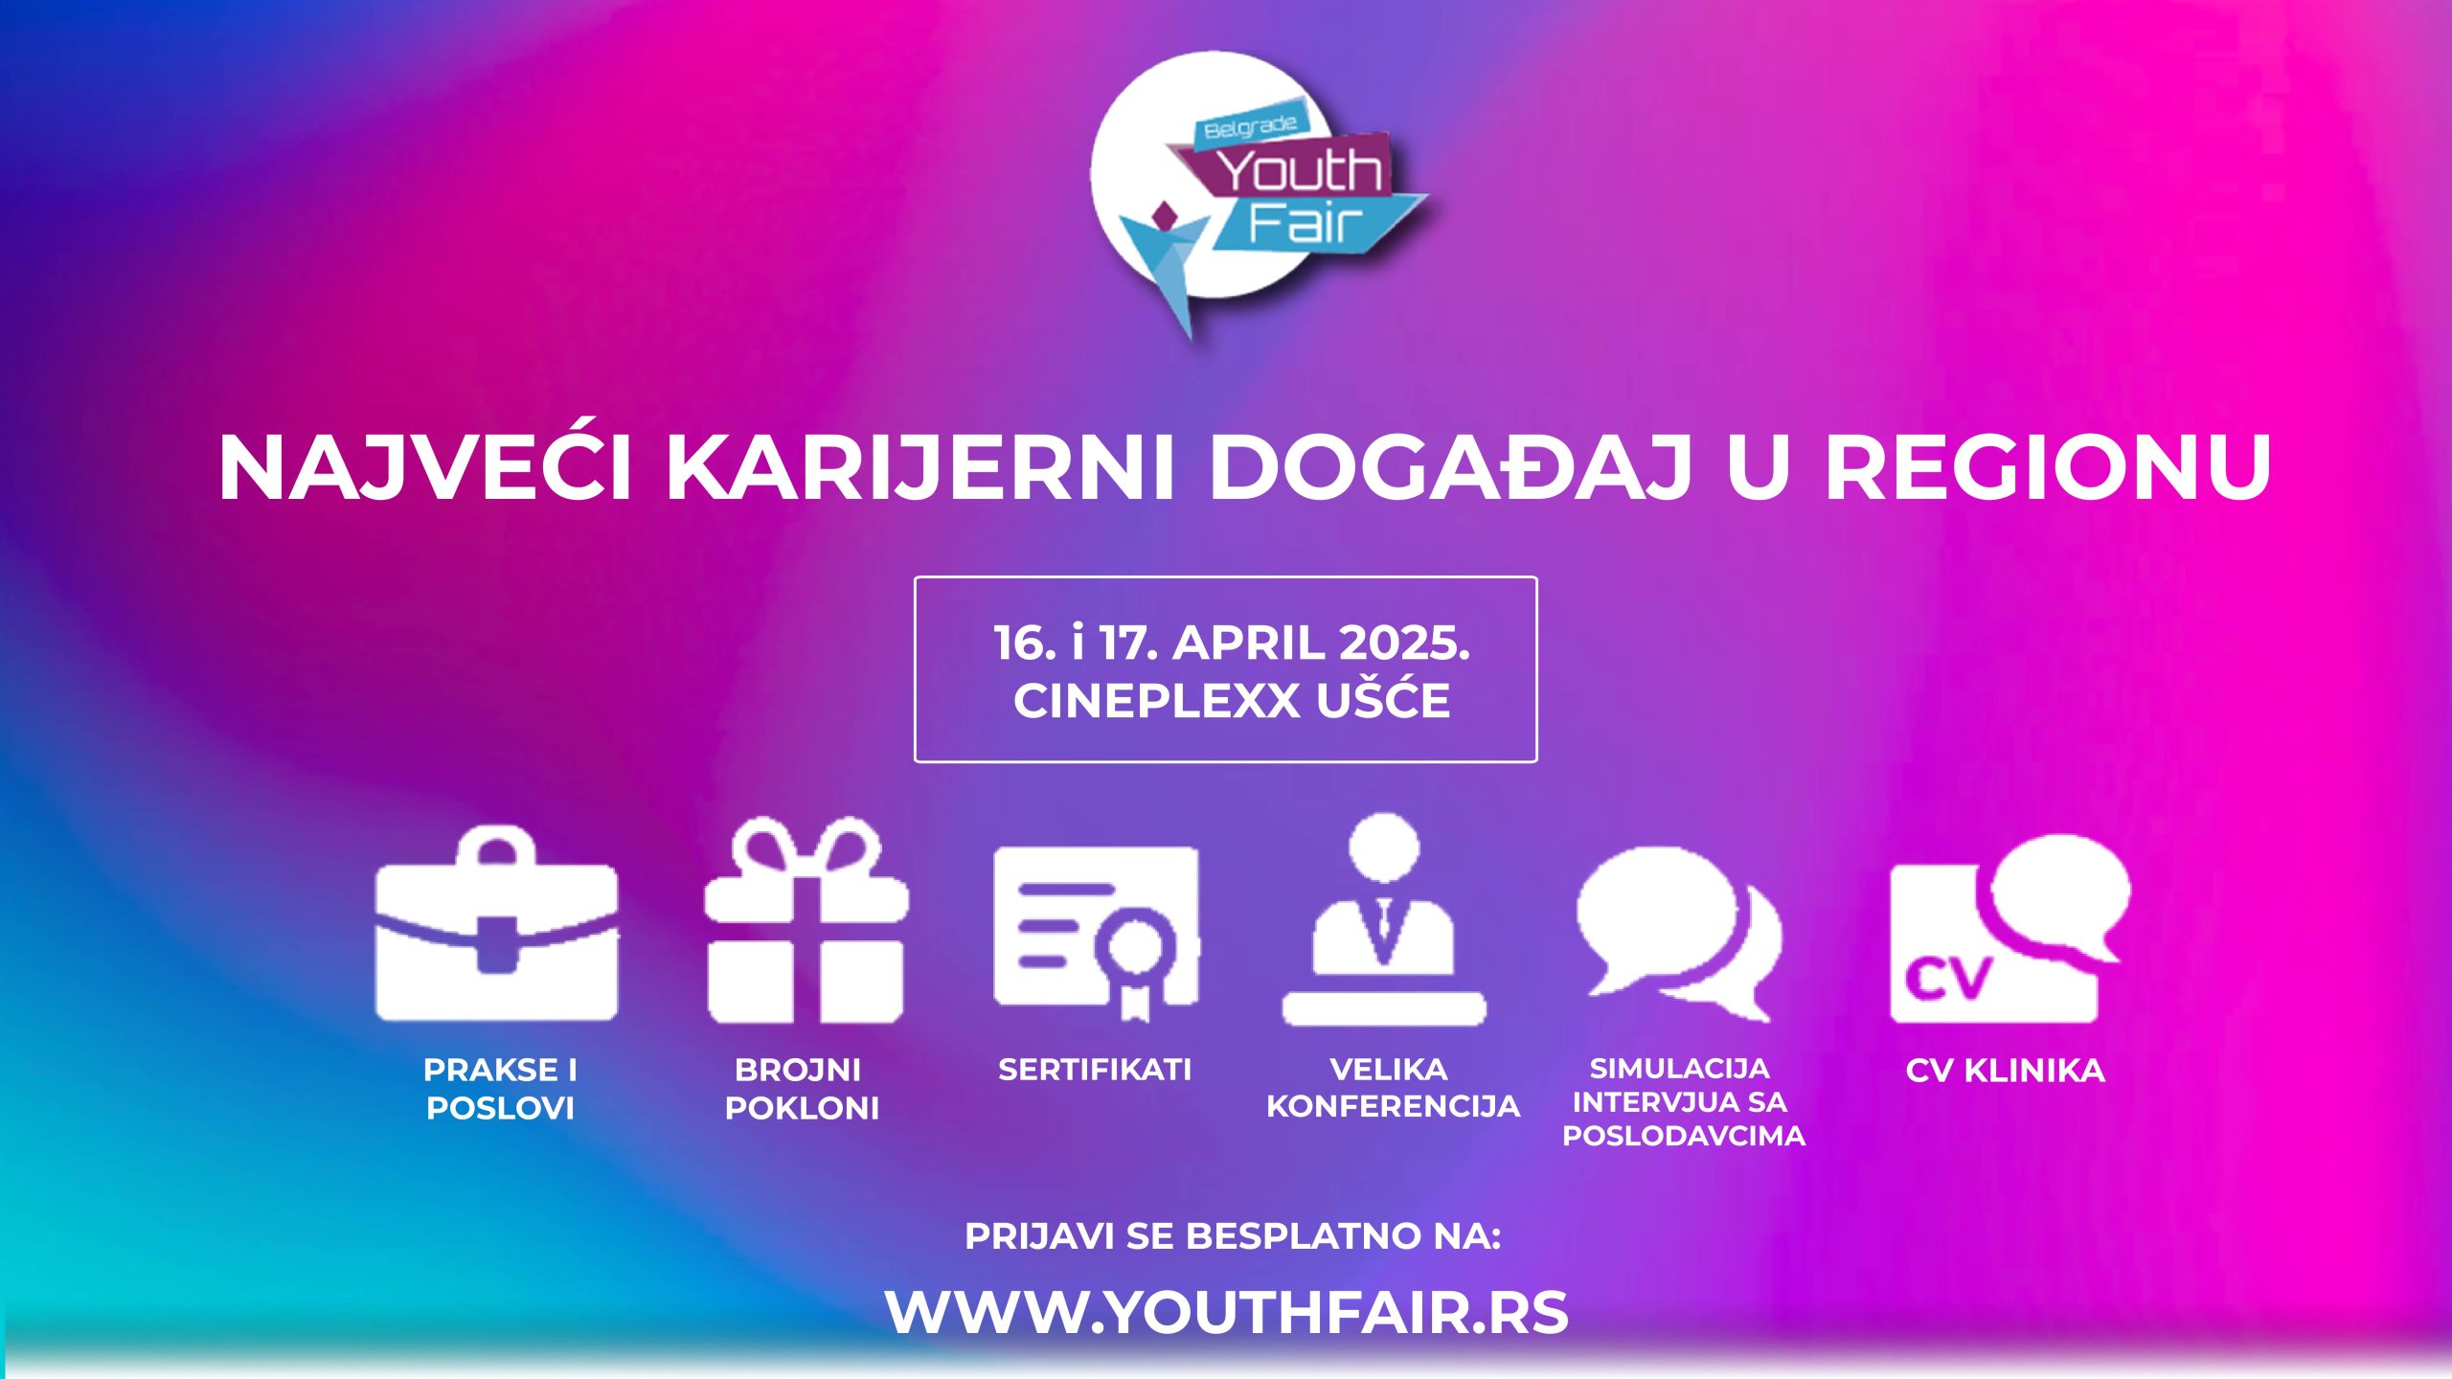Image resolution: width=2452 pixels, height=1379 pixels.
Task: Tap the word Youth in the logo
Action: pyautogui.click(x=1300, y=171)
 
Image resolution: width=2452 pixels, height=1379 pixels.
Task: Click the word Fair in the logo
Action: pyautogui.click(x=1305, y=223)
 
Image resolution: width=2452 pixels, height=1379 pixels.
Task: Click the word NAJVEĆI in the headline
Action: pyautogui.click(x=425, y=468)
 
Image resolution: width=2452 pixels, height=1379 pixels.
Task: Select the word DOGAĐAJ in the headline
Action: pyautogui.click(x=1449, y=468)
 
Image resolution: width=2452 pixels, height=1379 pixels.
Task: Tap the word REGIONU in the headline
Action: pyautogui.click(x=2048, y=468)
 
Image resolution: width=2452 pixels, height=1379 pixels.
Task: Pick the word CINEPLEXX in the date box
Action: pyautogui.click(x=1156, y=701)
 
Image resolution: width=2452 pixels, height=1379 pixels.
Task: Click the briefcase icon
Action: pyautogui.click(x=496, y=924)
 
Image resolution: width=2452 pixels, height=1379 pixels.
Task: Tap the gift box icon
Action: pyautogui.click(x=806, y=920)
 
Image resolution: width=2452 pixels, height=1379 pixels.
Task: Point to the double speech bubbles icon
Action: pyautogui.click(x=1678, y=934)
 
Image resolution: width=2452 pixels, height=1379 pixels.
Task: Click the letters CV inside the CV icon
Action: pyautogui.click(x=1947, y=978)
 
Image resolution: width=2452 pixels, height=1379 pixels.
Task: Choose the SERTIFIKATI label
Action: pyautogui.click(x=1095, y=1070)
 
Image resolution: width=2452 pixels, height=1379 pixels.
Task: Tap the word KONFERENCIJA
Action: pyautogui.click(x=1393, y=1107)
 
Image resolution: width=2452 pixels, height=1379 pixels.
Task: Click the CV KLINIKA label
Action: pyautogui.click(x=2005, y=1071)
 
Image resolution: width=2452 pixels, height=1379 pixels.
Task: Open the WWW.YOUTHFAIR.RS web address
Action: pyautogui.click(x=1227, y=1312)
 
